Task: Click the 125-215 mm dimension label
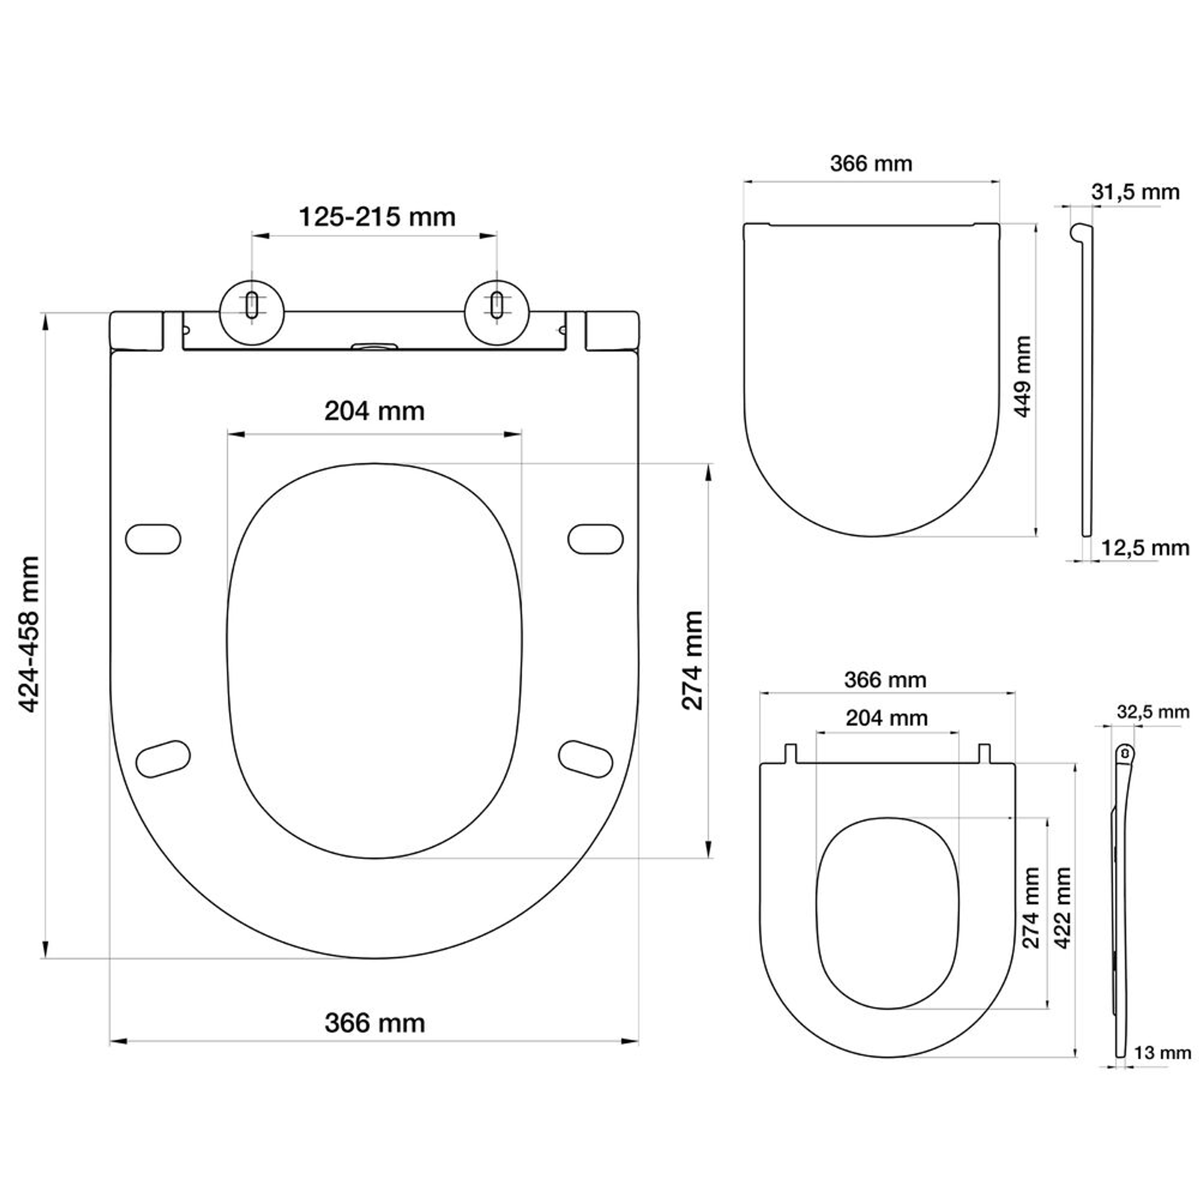377,218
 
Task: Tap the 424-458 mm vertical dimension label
29,634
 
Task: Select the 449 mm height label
1022,376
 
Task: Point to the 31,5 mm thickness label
1135,192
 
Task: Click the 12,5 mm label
1145,548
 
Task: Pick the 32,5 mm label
1153,712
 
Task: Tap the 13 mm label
1162,1053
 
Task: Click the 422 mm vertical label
1063,908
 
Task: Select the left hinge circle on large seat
252,313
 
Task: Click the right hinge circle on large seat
496,313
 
